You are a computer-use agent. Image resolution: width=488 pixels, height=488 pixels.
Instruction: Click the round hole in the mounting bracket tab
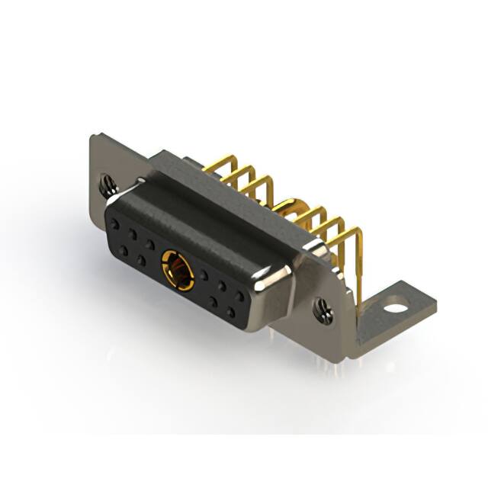pos(394,310)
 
